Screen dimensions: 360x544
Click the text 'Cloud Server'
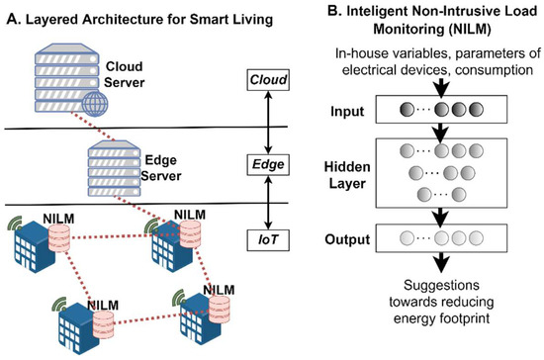pos(125,69)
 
